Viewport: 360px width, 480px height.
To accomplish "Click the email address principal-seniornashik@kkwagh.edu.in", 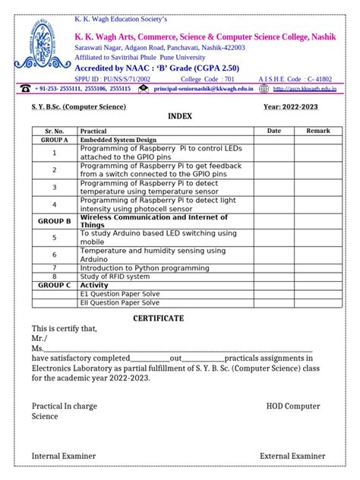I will click(x=204, y=89).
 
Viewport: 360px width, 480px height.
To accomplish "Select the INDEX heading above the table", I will click(x=180, y=116).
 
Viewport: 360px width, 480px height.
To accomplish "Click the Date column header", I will click(x=273, y=131).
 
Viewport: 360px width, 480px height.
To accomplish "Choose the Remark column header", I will click(x=317, y=131).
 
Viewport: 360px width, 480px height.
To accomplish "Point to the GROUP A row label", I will click(x=55, y=140).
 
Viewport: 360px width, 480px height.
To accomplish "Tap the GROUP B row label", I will click(x=55, y=221).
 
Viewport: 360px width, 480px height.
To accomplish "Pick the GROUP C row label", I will click(x=55, y=285).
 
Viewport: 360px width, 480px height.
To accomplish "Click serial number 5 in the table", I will click(x=55, y=238).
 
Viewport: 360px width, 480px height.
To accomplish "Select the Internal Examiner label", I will click(x=64, y=456).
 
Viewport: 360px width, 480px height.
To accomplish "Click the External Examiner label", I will click(x=292, y=456).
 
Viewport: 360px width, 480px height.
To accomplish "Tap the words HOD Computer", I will click(x=293, y=406).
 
